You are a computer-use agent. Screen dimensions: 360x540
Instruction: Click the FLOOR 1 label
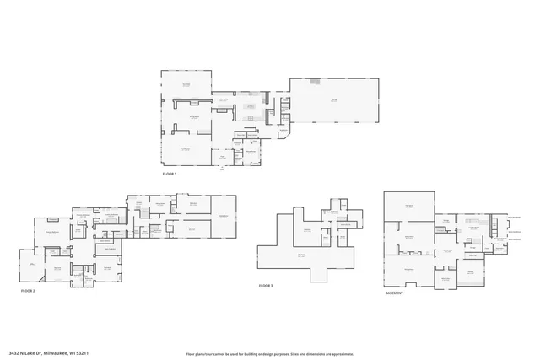[x=170, y=174]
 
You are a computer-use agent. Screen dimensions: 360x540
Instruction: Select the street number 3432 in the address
[x=14, y=352]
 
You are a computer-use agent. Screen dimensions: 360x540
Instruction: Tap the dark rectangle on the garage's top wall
[x=315, y=81]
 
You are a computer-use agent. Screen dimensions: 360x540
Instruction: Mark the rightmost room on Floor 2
[x=223, y=217]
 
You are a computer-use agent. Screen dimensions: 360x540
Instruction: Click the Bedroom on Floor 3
[x=306, y=229]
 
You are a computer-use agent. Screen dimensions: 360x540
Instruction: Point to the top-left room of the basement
[x=408, y=206]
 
